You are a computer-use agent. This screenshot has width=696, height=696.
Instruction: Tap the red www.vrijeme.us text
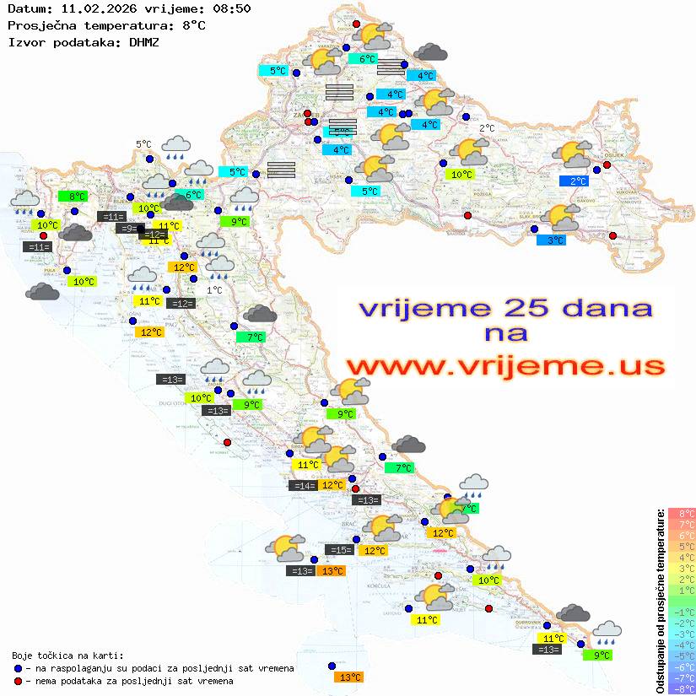504,365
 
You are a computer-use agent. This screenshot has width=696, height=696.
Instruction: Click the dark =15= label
339,550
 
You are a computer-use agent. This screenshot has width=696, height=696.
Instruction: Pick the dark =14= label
302,485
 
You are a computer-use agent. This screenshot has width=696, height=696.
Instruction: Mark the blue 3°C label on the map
551,240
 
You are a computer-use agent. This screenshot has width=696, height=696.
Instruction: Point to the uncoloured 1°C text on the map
214,289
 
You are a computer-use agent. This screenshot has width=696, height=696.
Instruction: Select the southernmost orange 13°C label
348,677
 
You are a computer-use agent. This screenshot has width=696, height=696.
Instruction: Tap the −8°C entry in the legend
682,689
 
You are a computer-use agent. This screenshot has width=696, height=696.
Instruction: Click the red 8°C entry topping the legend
682,513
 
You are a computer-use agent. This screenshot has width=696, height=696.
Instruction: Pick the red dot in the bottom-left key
19,681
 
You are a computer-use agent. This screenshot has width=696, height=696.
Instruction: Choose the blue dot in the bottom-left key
19,668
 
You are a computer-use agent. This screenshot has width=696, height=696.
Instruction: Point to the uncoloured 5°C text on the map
143,144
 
